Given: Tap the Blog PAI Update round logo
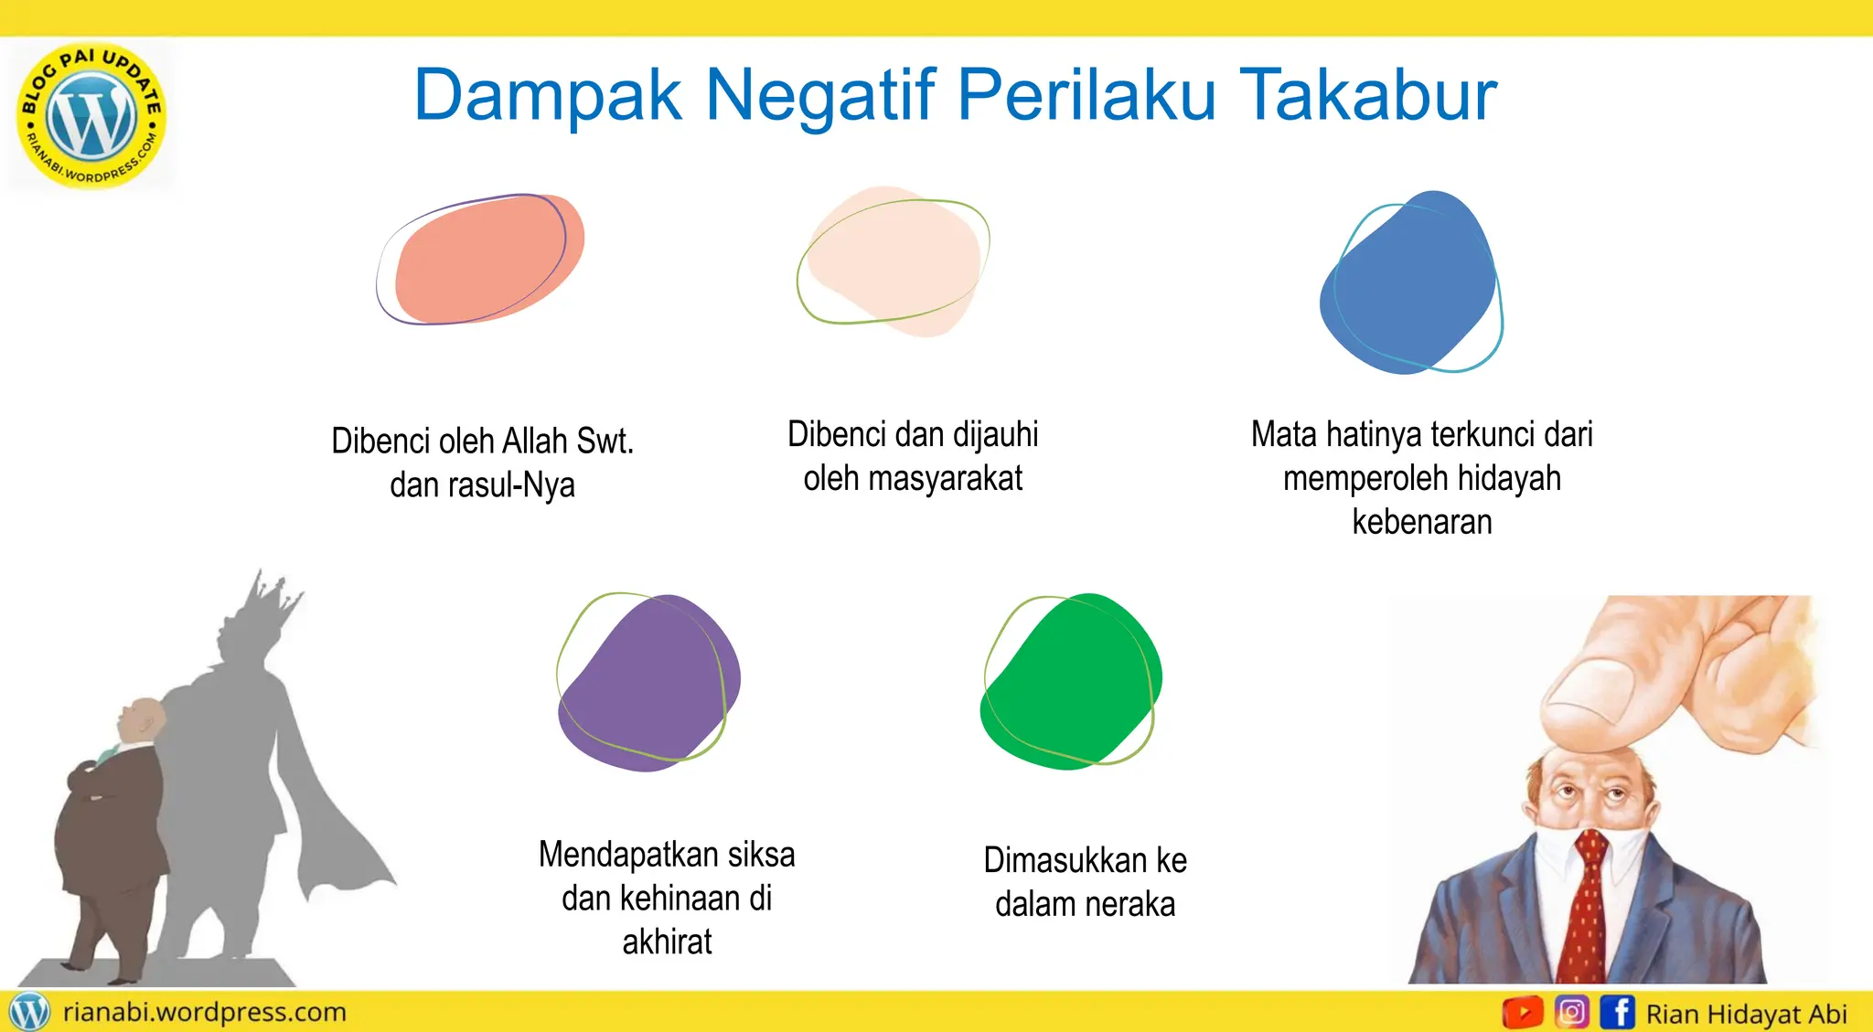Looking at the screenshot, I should pos(91,116).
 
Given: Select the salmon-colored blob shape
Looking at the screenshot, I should pos(485,259).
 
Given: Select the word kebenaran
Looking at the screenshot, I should pos(1422,522).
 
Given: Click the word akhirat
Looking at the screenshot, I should pos(667,942).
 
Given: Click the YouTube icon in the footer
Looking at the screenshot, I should pos(1522,1013).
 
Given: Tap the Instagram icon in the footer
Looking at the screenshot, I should pos(1571,1013).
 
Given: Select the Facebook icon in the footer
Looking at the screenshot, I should pos(1617,1013).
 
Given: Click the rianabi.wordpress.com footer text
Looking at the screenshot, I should pos(204,1012).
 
